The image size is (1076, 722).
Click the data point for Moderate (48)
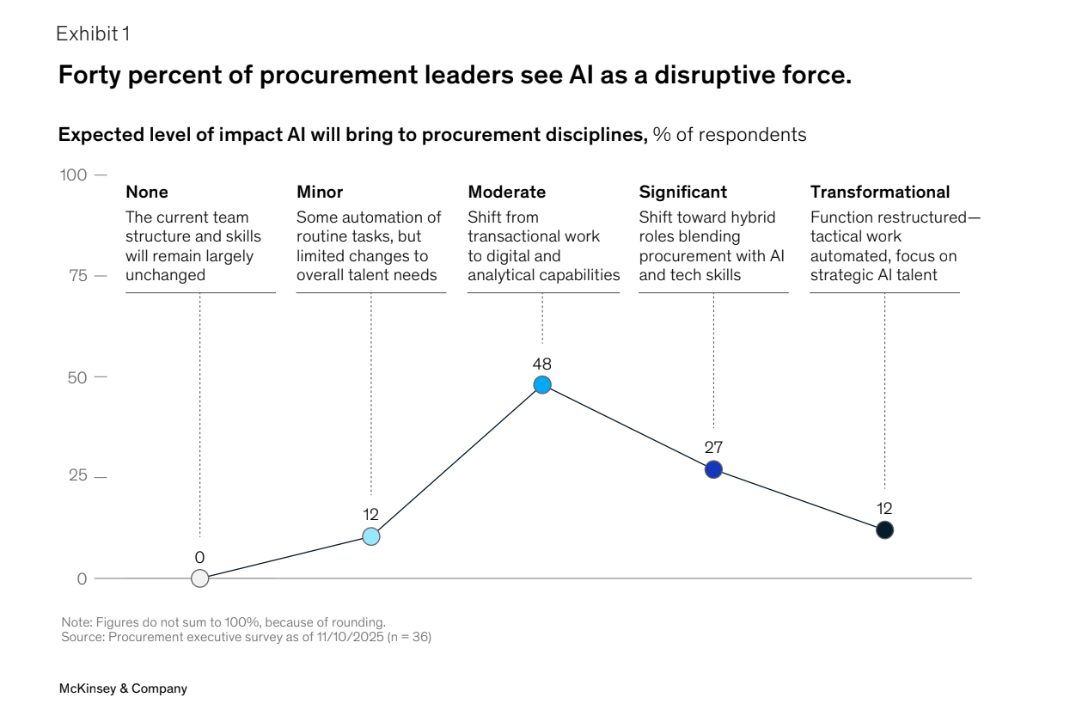click(542, 385)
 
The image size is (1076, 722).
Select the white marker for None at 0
click(199, 578)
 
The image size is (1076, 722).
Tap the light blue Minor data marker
click(370, 536)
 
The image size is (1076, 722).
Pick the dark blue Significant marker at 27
click(713, 469)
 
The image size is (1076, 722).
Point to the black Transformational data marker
click(884, 530)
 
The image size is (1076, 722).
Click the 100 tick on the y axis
click(74, 175)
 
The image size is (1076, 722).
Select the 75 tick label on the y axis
click(78, 276)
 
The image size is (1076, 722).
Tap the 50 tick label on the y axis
click(78, 377)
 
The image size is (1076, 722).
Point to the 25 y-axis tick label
click(78, 477)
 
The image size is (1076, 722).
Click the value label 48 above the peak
click(542, 364)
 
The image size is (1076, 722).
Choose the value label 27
click(713, 447)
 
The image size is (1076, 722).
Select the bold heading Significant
click(682, 192)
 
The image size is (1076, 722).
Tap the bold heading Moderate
click(506, 192)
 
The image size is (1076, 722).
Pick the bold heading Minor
click(320, 192)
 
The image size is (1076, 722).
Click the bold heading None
click(147, 192)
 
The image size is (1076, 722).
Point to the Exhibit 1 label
click(93, 34)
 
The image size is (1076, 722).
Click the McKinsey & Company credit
click(123, 688)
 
